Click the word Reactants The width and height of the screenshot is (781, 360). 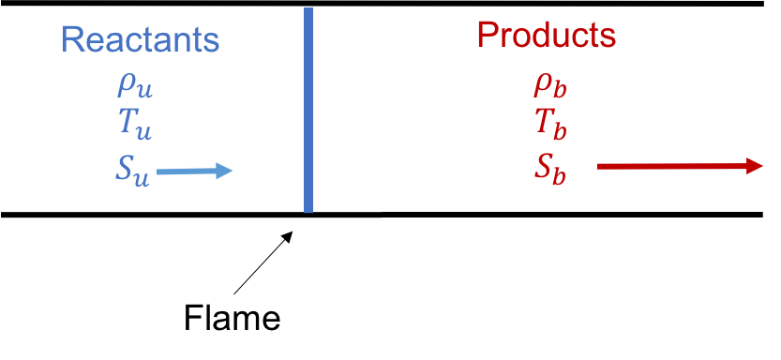click(140, 39)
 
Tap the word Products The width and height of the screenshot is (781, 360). click(547, 35)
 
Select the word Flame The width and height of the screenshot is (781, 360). click(233, 317)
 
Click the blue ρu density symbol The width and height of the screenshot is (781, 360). click(134, 87)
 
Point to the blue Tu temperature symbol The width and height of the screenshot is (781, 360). click(134, 127)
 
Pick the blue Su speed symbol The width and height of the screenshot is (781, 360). click(132, 172)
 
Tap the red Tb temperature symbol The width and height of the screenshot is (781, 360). click(551, 126)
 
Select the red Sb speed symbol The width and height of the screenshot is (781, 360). click(549, 170)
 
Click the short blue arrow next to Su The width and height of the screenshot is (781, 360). click(194, 172)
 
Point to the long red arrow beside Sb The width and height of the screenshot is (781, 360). click(680, 166)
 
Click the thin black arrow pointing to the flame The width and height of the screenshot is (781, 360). click(263, 262)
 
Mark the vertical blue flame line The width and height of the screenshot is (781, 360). click(308, 110)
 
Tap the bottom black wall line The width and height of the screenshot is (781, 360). click(382, 215)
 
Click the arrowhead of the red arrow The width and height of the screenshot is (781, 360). click(754, 166)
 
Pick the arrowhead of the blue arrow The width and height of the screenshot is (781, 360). click(224, 172)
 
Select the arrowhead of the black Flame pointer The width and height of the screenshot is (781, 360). click(288, 235)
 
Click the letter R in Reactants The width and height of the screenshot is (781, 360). click(71, 39)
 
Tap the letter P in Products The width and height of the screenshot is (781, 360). click(488, 35)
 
